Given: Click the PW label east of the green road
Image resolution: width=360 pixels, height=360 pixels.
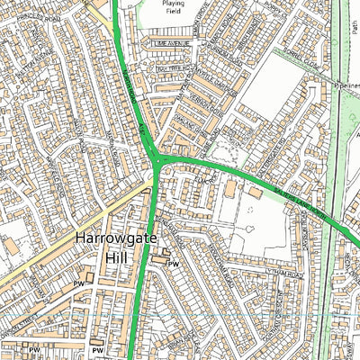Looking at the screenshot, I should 174,264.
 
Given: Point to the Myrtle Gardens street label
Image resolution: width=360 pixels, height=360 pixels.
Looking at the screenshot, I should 210,100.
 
